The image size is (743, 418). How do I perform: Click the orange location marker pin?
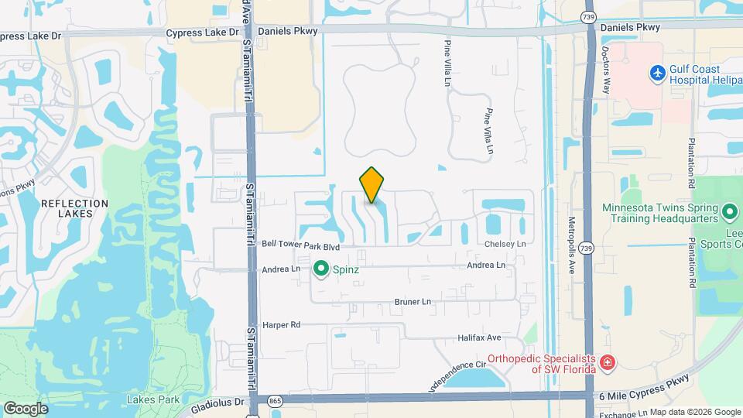(372, 185)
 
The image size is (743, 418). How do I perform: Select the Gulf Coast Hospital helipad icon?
(658, 73)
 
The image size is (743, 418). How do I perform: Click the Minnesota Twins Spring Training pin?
(728, 211)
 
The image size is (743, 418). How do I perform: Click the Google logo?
(26, 408)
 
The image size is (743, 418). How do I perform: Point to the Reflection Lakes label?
(74, 209)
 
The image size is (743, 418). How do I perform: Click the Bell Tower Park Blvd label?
(301, 245)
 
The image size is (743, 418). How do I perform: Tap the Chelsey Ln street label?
(505, 244)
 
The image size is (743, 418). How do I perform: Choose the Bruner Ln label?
(412, 301)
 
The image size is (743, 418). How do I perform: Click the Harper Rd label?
(281, 325)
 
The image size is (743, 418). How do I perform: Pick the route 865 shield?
(275, 401)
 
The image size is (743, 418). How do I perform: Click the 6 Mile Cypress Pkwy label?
(644, 396)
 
